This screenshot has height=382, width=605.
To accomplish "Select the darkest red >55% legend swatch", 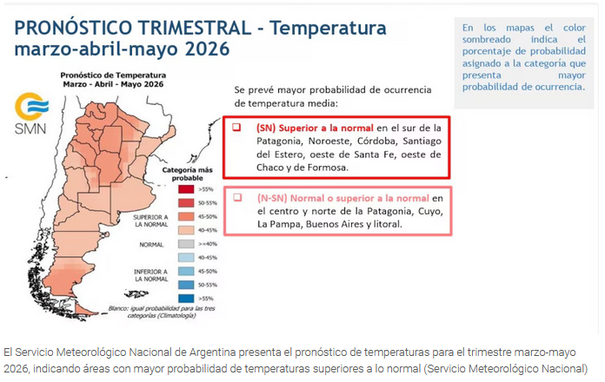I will coord(185,188).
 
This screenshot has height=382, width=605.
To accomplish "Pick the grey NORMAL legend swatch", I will coord(185,244).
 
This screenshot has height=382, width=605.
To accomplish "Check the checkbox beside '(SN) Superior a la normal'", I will coord(236,127).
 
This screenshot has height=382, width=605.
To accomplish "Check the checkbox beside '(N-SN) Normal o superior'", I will coord(236,197).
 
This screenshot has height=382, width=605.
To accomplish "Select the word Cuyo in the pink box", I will coord(429,211).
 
